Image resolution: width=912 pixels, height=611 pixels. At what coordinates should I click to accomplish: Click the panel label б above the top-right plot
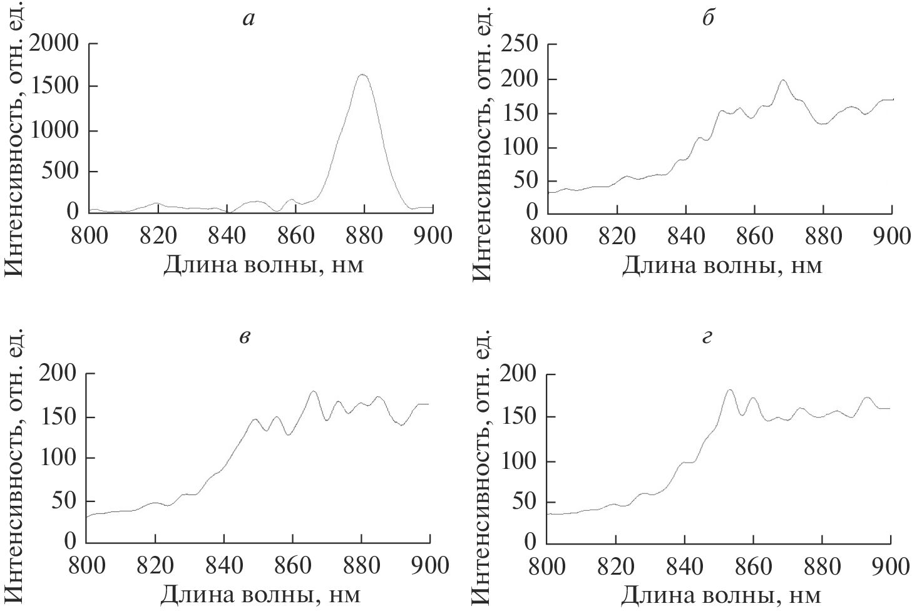(708, 19)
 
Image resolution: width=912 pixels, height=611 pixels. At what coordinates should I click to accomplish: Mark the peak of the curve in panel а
(363, 74)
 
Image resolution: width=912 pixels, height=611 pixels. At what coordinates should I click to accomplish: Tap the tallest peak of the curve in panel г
(729, 390)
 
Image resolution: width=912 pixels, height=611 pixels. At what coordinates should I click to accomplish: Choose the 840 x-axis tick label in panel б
(686, 236)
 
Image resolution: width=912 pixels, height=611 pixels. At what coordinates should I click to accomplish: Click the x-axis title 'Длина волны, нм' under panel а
(263, 265)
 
